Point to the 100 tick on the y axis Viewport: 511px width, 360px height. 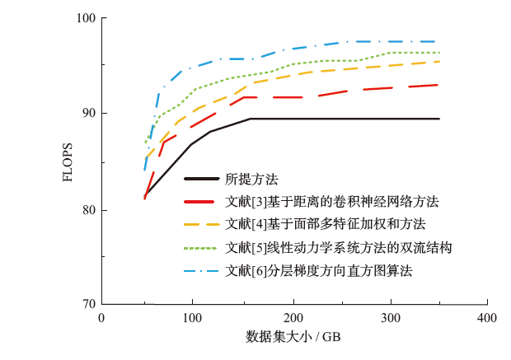pos(86,17)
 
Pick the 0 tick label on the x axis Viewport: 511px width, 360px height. pos(101,318)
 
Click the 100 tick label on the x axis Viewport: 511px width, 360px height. pos(194,318)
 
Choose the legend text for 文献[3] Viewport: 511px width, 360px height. pos(332,201)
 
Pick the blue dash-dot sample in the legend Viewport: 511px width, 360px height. pos(202,269)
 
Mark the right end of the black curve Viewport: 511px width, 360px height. pos(439,119)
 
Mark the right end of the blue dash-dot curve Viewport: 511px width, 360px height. pos(439,41)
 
